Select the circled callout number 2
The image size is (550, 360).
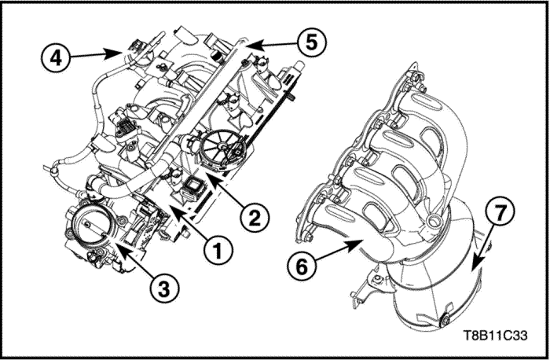click(x=255, y=218)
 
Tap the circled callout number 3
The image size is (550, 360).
click(x=163, y=289)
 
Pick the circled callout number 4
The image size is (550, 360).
click(x=56, y=58)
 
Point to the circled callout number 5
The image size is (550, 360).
click(x=311, y=42)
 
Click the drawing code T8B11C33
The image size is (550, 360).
click(x=496, y=336)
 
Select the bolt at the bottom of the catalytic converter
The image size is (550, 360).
click(x=444, y=321)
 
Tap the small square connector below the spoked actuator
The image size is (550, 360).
click(x=192, y=186)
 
